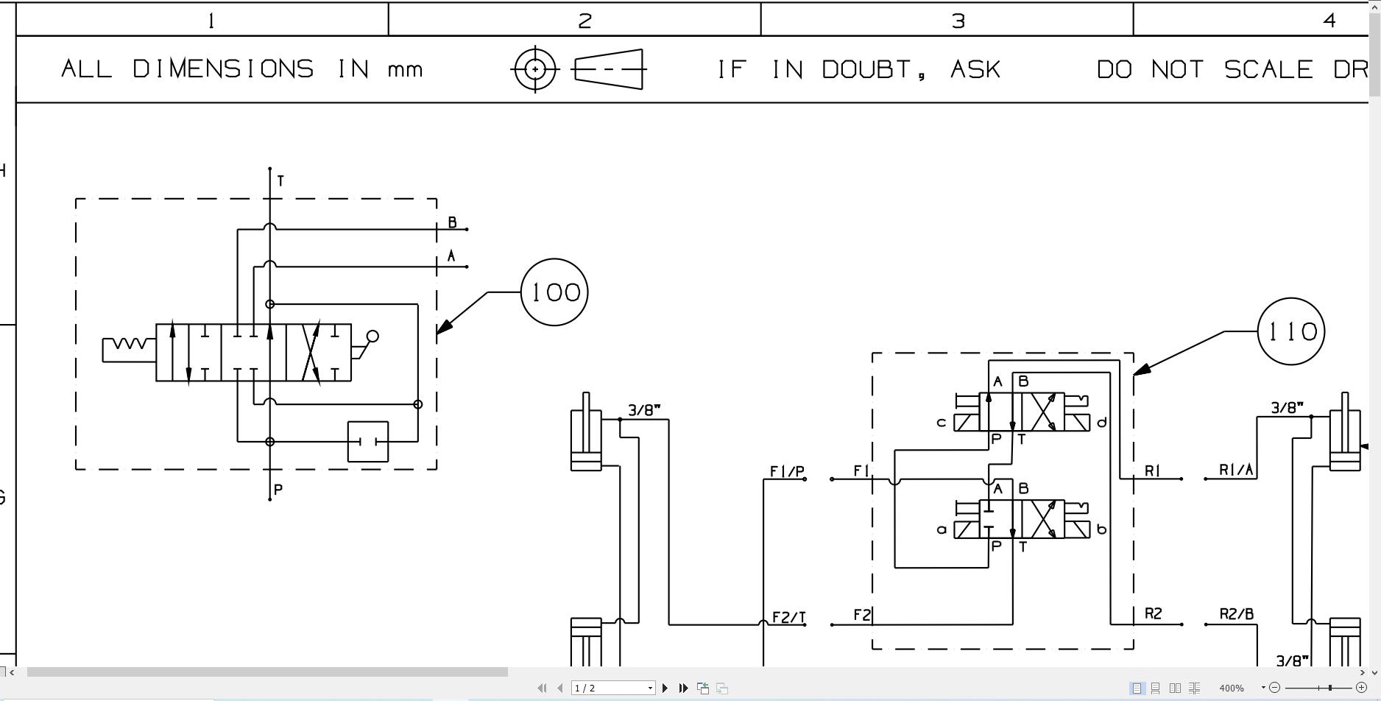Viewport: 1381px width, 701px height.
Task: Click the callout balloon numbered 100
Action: pos(554,292)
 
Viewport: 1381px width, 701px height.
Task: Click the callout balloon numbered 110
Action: pos(1290,331)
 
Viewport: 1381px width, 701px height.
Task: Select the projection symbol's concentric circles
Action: pos(535,69)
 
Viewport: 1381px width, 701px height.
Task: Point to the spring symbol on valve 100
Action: pos(129,345)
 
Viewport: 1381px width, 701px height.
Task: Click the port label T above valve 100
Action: pos(280,180)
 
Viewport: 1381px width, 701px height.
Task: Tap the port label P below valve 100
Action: pos(278,490)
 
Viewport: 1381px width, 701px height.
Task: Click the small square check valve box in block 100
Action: pos(368,442)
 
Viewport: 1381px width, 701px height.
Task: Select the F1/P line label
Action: pos(787,471)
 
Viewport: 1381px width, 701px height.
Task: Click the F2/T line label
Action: pos(788,617)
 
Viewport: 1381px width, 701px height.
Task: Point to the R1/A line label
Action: pos(1236,470)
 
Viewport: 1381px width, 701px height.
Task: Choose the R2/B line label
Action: pos(1236,614)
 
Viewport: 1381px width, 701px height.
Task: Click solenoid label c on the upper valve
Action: pos(941,423)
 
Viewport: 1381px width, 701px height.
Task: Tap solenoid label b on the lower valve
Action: pos(1101,529)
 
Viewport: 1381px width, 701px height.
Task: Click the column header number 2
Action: pos(584,21)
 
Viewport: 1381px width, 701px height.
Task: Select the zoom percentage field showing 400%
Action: pos(1232,688)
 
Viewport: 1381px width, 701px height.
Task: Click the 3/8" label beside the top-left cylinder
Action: pos(644,410)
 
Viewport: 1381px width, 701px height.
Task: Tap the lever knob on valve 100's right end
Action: pos(372,337)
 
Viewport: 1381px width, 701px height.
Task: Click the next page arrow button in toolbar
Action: pos(665,688)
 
